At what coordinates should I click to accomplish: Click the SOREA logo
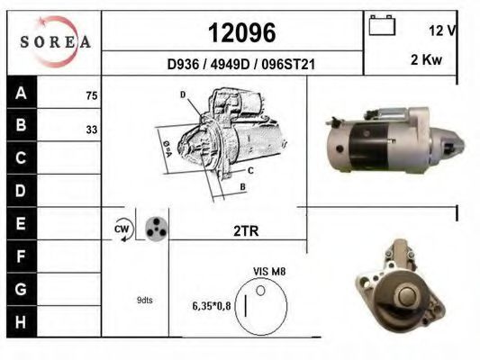click(56, 42)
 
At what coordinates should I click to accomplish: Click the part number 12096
click(242, 32)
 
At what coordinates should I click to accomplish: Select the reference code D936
click(183, 65)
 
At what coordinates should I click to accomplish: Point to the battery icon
click(382, 25)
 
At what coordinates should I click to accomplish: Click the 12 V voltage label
click(442, 31)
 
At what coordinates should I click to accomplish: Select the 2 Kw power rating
click(426, 59)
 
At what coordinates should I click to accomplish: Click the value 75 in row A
click(92, 95)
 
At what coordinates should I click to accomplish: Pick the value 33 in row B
click(92, 130)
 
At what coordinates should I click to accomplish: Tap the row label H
click(21, 322)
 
